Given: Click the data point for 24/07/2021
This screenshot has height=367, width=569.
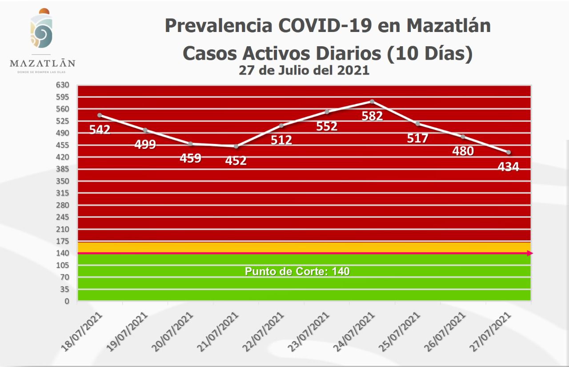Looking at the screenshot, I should [372, 101].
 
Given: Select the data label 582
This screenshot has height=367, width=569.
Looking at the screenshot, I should [372, 116].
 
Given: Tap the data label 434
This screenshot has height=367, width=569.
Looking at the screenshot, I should [508, 167].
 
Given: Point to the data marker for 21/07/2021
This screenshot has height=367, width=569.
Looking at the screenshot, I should [236, 146].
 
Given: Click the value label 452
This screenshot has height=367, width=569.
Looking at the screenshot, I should [236, 160].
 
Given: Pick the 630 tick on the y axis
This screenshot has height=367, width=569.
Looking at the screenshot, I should [63, 84].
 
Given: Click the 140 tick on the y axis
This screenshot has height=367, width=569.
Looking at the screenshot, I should [63, 253].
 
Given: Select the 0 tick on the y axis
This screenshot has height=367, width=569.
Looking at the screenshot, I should [67, 301].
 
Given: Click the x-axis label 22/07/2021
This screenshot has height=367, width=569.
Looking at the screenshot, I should [265, 331].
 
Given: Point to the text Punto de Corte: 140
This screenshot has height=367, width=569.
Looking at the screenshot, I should [297, 271].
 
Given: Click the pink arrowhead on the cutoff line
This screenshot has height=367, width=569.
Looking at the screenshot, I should [529, 253].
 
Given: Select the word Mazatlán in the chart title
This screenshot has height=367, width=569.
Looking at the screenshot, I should [449, 26].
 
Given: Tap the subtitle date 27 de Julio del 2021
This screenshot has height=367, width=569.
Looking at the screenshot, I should [304, 70].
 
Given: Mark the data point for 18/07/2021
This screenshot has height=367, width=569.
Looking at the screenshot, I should [100, 115].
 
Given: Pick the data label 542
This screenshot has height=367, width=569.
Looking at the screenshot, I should [100, 129].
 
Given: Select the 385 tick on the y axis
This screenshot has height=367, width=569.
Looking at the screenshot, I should [63, 169].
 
